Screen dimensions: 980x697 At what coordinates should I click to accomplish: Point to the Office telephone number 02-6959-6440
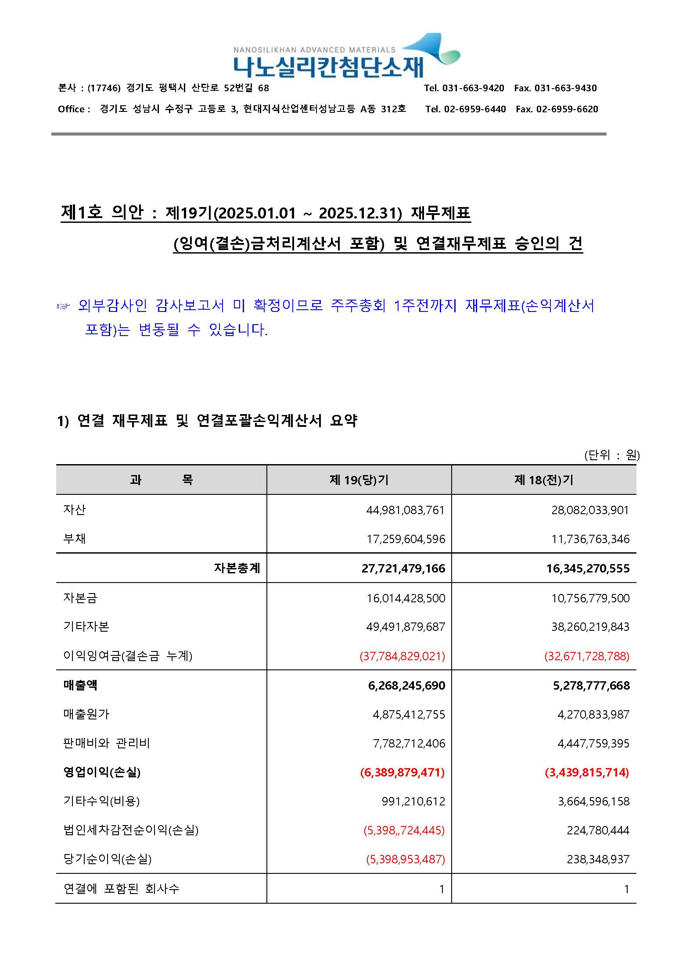click(x=475, y=109)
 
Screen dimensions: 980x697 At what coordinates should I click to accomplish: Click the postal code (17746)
click(x=104, y=88)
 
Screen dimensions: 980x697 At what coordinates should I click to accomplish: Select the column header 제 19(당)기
click(x=359, y=480)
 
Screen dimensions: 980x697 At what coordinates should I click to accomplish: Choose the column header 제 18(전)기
click(x=544, y=480)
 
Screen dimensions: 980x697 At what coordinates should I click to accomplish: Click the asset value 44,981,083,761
click(x=406, y=510)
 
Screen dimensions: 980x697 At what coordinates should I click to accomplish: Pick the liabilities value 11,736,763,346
click(x=590, y=539)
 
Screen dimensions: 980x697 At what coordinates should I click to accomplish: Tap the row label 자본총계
click(x=237, y=569)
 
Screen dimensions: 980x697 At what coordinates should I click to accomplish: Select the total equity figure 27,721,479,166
click(x=403, y=569)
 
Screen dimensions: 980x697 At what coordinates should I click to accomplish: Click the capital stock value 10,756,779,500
click(x=590, y=598)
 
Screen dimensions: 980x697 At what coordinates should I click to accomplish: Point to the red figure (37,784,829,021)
click(x=402, y=656)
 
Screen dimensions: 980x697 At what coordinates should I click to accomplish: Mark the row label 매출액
click(x=80, y=685)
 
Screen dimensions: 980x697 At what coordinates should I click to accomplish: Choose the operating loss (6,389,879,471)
click(x=402, y=773)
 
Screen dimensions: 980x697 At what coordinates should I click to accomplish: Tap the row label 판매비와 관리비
click(x=107, y=744)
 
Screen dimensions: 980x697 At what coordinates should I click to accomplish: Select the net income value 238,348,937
click(x=598, y=859)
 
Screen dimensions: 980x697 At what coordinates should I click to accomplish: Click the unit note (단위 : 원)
click(x=612, y=455)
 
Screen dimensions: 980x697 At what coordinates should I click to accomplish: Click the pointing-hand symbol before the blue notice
click(x=63, y=307)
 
